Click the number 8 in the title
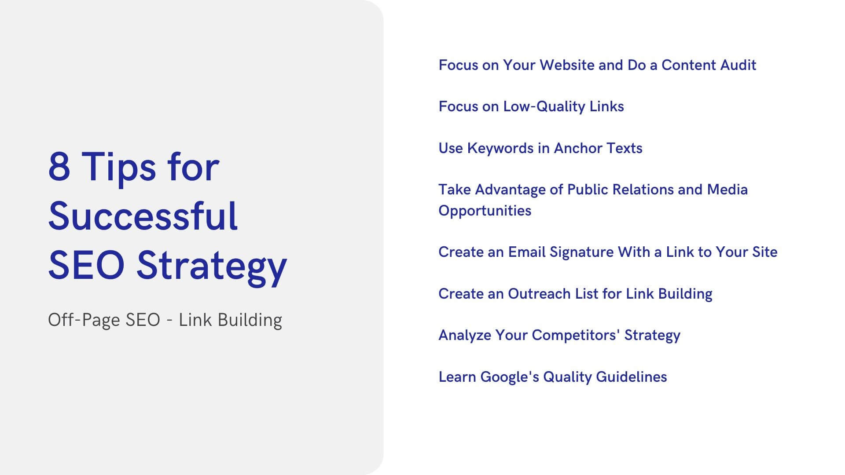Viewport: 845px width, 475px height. [x=59, y=167]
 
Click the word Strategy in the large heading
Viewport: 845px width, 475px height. [x=212, y=266]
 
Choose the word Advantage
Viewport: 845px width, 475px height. [x=510, y=190]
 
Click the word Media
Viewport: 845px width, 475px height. [x=727, y=190]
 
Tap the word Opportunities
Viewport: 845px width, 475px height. [x=485, y=211]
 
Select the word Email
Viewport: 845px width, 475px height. [x=527, y=252]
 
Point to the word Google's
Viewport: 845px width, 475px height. [x=509, y=377]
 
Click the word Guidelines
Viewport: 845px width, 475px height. [x=631, y=377]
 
